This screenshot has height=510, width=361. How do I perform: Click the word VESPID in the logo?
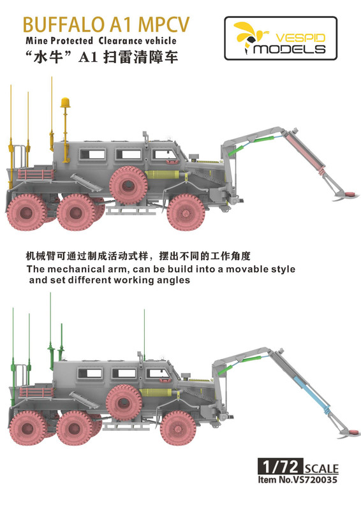(300, 38)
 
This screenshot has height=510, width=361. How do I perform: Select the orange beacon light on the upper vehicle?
(65, 103)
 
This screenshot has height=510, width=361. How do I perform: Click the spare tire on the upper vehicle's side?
(128, 185)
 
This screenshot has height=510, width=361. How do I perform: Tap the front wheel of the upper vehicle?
(186, 212)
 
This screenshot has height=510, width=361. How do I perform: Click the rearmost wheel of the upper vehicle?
(27, 212)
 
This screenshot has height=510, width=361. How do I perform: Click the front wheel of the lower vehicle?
(179, 428)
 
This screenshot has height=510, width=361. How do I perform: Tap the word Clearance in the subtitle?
(119, 41)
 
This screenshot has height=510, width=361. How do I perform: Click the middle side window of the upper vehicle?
(128, 155)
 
